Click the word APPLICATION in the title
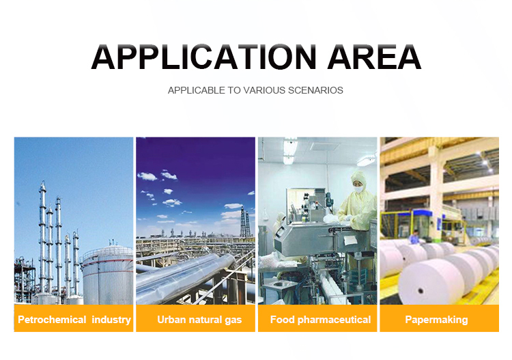coord(203,57)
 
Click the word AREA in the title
coord(374,57)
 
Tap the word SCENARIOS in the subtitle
coord(315,90)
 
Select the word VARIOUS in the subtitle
coord(264,90)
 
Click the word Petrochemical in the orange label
coord(52,320)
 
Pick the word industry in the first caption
coord(111,320)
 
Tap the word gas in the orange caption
coord(233,320)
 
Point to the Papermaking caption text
coord(436,320)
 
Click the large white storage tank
coord(108,275)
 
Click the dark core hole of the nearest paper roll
coord(421,290)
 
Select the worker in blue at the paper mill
coord(415,238)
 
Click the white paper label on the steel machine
coord(350,240)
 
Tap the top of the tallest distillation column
coord(43,183)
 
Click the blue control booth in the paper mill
coord(421,223)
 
